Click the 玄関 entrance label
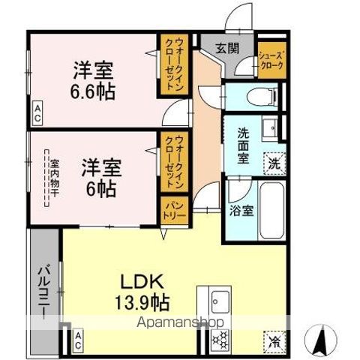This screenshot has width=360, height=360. click(227, 47)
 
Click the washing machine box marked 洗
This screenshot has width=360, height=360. click(274, 160)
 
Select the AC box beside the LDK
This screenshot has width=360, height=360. click(78, 342)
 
